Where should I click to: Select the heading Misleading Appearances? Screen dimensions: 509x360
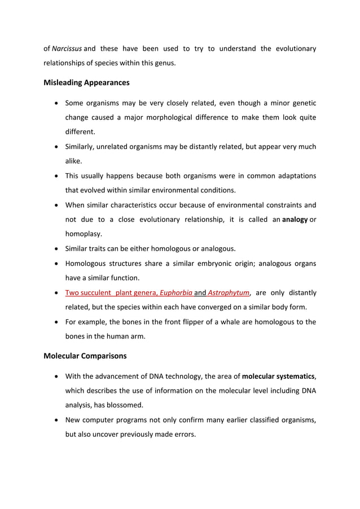[x=86, y=82]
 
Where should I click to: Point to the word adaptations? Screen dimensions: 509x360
[x=293, y=175]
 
